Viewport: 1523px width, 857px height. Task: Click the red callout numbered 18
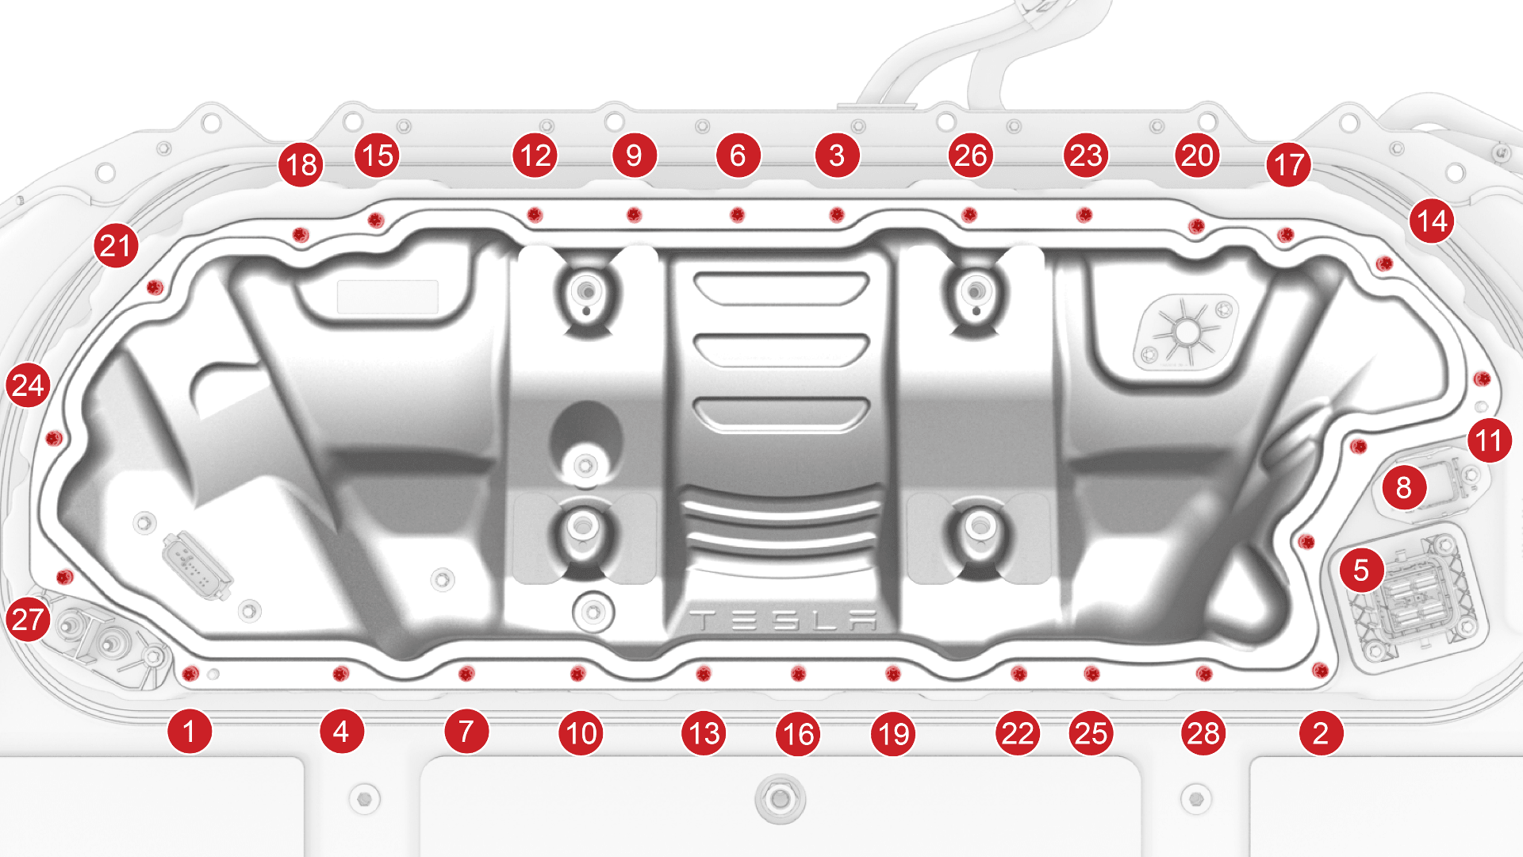301,165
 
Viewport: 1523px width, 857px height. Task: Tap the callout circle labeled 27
28,619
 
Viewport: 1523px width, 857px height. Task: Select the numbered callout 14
1432,221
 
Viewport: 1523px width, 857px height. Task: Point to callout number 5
1361,570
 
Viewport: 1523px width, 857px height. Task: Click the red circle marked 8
1403,488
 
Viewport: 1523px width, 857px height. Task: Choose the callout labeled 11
1489,440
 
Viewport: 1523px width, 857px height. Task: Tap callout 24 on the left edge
28,386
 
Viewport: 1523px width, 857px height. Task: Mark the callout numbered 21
116,245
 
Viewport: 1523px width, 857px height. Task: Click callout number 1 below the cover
189,732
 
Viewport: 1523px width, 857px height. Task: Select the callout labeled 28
1203,733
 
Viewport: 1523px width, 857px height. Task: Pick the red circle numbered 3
837,156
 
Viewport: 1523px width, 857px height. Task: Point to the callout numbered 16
798,733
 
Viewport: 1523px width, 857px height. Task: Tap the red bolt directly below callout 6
737,214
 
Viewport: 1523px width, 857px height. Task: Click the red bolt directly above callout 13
703,674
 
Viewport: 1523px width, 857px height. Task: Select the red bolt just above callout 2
1320,671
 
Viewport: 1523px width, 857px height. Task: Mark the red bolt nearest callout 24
53,437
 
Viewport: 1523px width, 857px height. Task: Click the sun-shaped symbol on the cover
1187,332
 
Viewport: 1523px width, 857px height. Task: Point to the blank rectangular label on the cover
388,297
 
